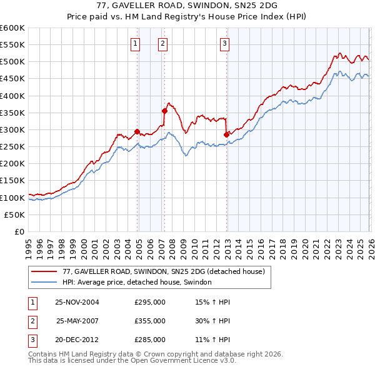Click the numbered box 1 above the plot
(136, 43)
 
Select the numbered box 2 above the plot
(162, 43)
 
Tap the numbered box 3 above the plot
(224, 43)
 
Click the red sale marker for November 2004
(137, 131)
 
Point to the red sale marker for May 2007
(164, 111)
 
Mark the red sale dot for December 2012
(226, 134)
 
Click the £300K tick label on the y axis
(12, 129)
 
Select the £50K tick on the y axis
(15, 215)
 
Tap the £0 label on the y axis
(20, 231)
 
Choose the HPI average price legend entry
(137, 283)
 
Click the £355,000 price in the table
(150, 320)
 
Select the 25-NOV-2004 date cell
(77, 301)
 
